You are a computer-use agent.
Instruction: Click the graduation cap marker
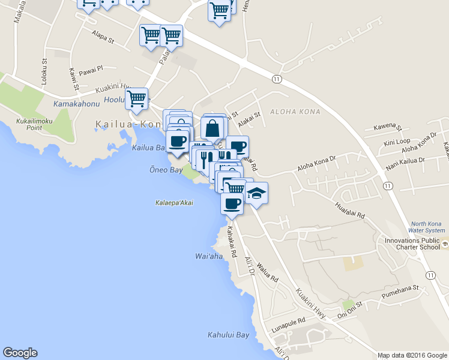tap(256, 193)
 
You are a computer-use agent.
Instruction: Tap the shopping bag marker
tap(212, 128)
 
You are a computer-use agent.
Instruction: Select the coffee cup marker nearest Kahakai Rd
tap(232, 203)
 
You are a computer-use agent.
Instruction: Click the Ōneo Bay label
tap(166, 170)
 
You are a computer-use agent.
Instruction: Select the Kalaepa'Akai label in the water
tap(174, 203)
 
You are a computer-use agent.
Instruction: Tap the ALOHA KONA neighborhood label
tap(295, 112)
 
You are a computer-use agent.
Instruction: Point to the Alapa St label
tap(103, 37)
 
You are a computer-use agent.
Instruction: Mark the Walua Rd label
tap(268, 271)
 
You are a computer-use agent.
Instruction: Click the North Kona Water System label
tap(426, 226)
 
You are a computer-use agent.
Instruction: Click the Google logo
tap(20, 353)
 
